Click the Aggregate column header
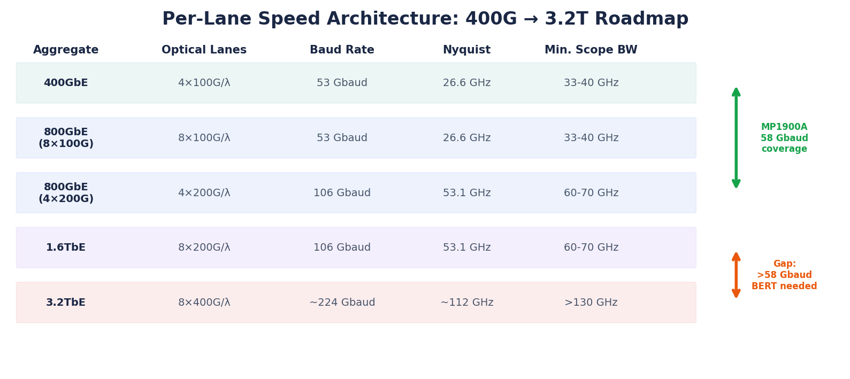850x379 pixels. click(66, 50)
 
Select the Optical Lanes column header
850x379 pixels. click(204, 50)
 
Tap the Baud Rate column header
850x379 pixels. click(342, 50)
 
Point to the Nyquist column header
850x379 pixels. click(467, 50)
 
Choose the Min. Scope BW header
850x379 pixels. click(591, 50)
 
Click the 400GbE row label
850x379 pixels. click(66, 83)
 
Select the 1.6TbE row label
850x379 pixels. click(66, 247)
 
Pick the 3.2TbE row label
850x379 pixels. click(66, 303)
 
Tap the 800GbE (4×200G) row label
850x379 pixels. click(66, 193)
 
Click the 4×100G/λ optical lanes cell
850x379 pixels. click(204, 83)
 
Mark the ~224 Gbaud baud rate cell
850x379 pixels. click(342, 303)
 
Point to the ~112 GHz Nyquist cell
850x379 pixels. click(467, 303)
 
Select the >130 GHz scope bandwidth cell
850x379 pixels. click(591, 303)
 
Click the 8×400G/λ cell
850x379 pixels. click(204, 303)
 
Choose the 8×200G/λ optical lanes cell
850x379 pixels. click(204, 247)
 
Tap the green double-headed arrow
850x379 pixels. click(736, 138)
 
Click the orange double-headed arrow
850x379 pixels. click(736, 275)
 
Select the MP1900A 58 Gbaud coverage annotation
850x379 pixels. click(784, 138)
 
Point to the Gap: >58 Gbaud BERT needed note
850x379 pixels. click(784, 275)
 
